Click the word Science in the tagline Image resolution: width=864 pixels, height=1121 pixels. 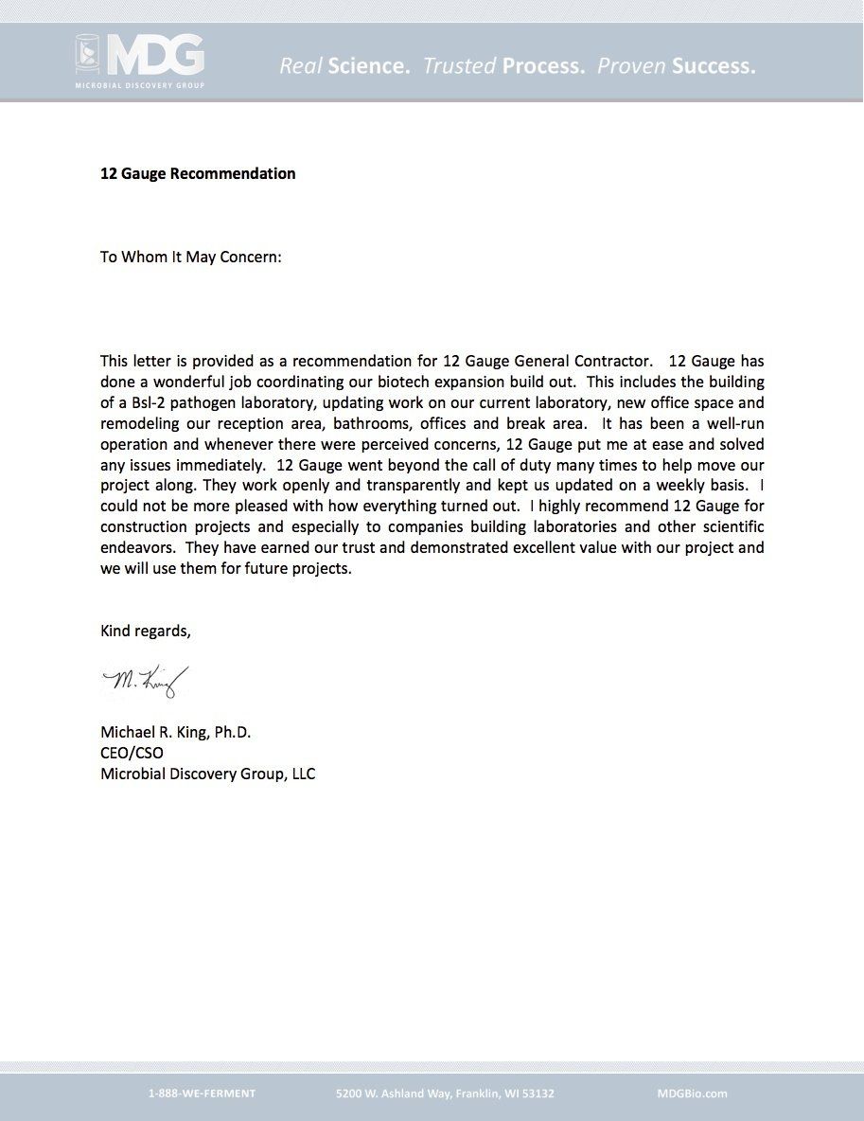[368, 66]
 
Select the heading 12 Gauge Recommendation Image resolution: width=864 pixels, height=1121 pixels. [198, 173]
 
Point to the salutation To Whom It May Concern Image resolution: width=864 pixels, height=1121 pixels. [191, 257]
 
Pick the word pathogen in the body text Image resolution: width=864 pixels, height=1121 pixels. [195, 402]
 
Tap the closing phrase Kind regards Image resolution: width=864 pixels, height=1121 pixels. [146, 632]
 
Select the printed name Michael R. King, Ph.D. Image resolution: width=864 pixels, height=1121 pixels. [176, 732]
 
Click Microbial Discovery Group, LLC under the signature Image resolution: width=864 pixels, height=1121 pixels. [208, 774]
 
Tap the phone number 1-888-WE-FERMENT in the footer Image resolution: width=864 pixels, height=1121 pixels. [202, 1093]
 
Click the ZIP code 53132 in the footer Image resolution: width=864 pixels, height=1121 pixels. [536, 1093]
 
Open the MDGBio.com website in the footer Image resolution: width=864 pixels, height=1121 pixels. [692, 1093]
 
